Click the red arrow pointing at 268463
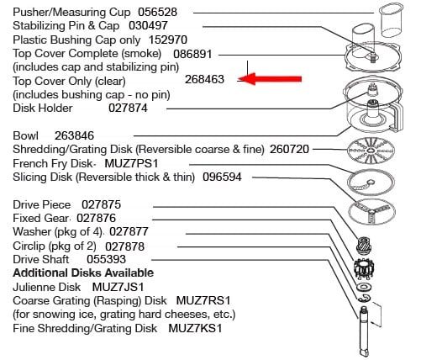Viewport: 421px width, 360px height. [271, 79]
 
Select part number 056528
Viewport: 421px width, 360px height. [158, 12]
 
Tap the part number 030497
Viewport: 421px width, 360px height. [148, 26]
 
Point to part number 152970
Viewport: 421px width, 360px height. [168, 40]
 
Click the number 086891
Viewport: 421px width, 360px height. [192, 54]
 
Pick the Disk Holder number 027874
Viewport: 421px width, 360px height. [128, 108]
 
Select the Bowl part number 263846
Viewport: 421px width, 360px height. [74, 135]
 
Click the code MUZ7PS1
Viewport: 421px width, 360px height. [131, 163]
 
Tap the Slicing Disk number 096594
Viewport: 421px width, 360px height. [222, 177]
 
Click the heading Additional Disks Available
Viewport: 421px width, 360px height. [83, 273]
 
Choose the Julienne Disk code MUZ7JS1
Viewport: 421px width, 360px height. [118, 287]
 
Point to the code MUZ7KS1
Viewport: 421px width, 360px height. [195, 328]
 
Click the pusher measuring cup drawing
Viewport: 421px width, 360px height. [391, 20]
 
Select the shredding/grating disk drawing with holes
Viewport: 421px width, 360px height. [371, 151]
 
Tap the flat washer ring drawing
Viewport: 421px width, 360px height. [364, 287]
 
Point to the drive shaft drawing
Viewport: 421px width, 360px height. [365, 331]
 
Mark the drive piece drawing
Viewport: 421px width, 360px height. [364, 246]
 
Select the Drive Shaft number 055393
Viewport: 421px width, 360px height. [106, 259]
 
